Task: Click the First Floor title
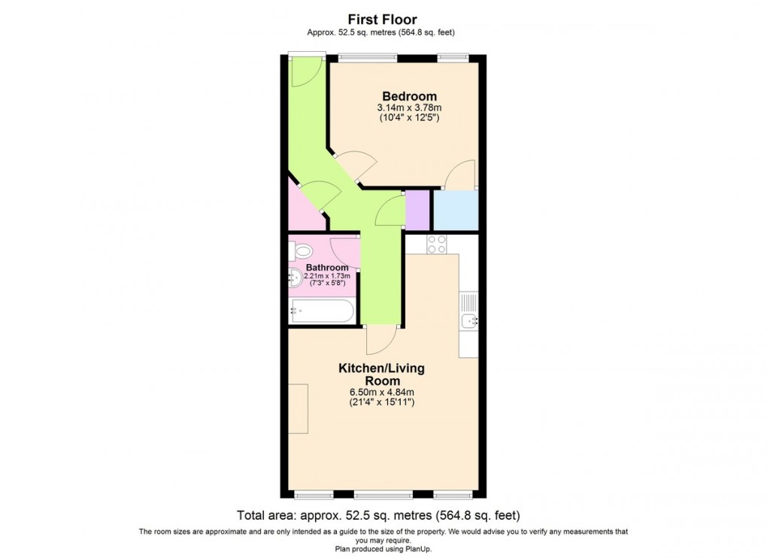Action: pos(382,20)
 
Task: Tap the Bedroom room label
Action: pos(409,96)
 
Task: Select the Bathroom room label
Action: pos(327,268)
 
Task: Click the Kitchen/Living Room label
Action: pos(381,375)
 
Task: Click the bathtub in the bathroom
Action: pos(322,311)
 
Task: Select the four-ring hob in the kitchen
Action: pos(436,244)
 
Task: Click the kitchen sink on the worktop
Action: pos(469,322)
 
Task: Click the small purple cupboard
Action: pos(417,210)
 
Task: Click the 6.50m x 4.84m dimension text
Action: pos(382,393)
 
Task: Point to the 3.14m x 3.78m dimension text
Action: pos(409,108)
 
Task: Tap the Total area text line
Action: pos(378,516)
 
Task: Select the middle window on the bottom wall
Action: pos(383,494)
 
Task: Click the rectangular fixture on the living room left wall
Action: pos(298,408)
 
